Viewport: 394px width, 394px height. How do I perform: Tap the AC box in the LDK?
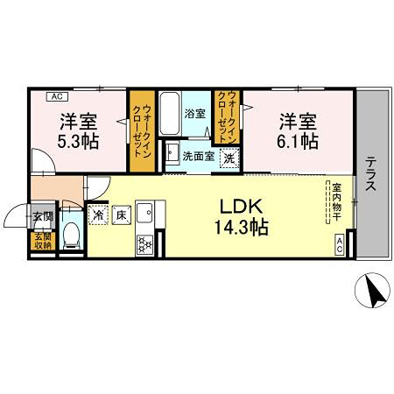click(x=340, y=246)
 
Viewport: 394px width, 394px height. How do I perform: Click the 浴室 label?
click(x=193, y=113)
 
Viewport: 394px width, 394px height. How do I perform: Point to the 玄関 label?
click(x=42, y=215)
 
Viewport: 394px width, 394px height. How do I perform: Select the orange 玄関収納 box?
click(x=42, y=241)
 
